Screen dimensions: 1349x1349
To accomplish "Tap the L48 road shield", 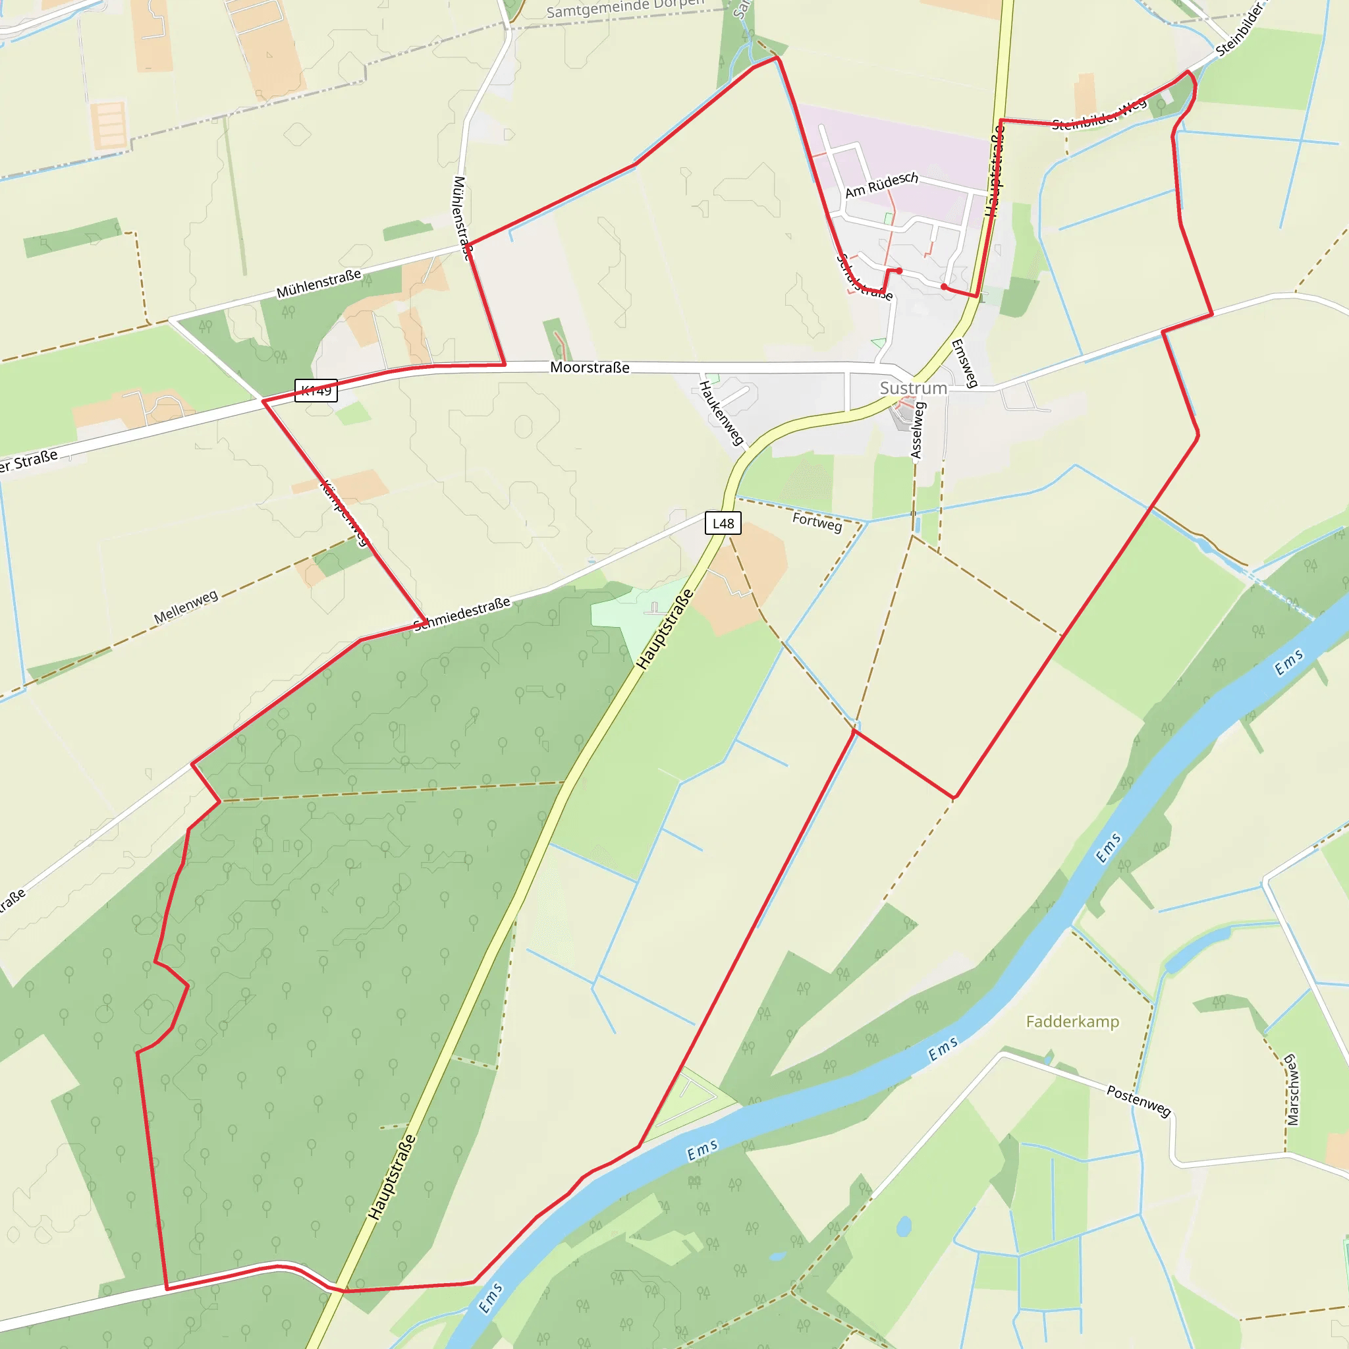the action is (723, 524).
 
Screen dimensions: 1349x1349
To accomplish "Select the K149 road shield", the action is (316, 391).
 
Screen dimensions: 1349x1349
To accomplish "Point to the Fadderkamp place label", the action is (1072, 1022).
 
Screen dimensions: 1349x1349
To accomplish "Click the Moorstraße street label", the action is (590, 368).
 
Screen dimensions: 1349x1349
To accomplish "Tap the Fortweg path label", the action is (817, 522).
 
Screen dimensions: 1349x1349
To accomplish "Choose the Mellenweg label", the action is (186, 607).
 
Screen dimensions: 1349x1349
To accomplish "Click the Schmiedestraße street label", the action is (462, 614).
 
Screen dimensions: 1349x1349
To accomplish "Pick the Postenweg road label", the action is (1138, 1101).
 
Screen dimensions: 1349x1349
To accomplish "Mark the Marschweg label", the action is (1292, 1090).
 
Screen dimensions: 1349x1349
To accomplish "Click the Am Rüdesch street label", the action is (881, 185).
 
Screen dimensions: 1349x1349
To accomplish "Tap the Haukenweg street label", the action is (721, 414).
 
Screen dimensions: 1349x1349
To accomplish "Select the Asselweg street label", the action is (918, 430).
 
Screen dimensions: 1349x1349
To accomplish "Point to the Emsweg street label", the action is (964, 363).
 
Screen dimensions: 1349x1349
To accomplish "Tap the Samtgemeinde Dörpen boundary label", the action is (625, 8).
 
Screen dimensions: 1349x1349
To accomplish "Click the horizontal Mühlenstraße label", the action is (319, 283).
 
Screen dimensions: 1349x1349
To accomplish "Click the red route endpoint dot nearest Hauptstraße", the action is (944, 287).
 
